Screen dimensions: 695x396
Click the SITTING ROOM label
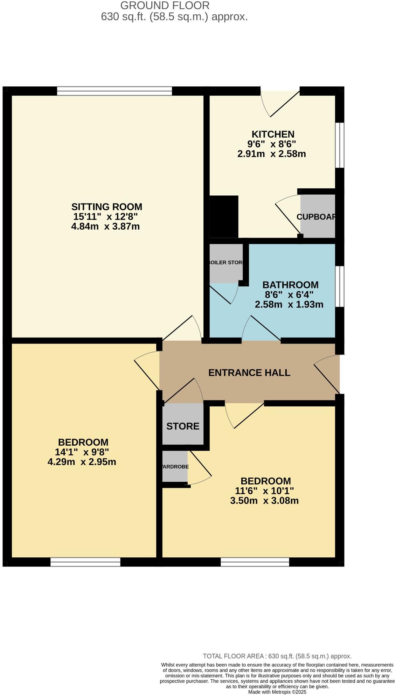(106, 207)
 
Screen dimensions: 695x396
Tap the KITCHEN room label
(273, 134)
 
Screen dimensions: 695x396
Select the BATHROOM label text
(290, 285)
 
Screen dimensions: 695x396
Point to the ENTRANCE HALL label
(249, 373)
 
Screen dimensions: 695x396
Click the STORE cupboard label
(183, 426)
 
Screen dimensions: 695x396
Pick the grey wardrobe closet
(175, 466)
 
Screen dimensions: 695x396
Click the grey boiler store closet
(226, 263)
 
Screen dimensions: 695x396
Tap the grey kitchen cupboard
(317, 216)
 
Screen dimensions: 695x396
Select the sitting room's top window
(114, 91)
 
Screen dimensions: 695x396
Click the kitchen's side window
(339, 145)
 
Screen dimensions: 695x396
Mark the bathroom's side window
(339, 286)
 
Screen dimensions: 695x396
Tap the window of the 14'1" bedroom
(85, 562)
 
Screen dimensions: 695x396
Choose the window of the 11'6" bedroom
(255, 562)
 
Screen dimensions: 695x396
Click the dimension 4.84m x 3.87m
(105, 227)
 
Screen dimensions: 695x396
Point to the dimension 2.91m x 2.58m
(271, 154)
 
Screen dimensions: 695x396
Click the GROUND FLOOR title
(165, 6)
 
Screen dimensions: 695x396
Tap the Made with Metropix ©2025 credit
(277, 692)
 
